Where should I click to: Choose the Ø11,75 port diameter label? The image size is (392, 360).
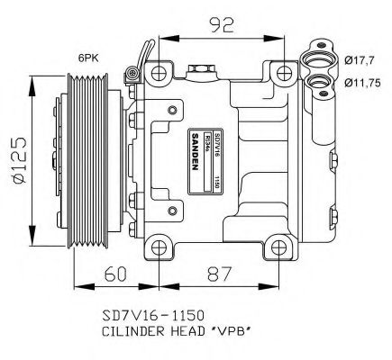[x=363, y=81]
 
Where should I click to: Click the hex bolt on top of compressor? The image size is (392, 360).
[x=199, y=68]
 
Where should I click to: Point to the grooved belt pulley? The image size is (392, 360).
[x=87, y=163]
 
